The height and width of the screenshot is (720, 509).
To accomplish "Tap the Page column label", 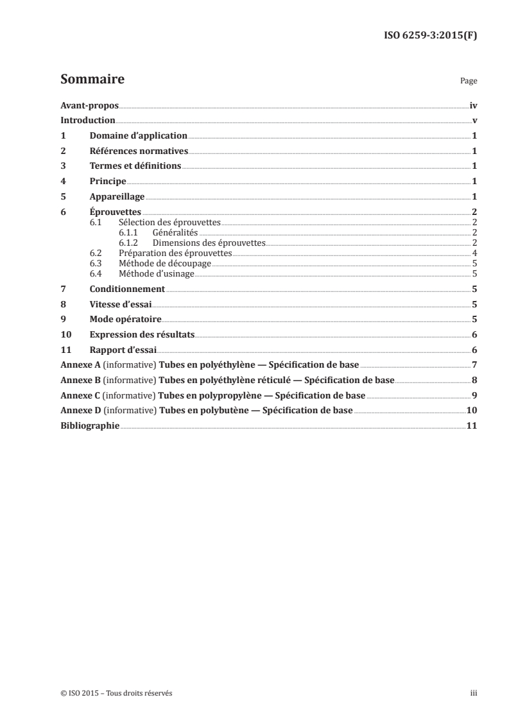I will tap(469, 82).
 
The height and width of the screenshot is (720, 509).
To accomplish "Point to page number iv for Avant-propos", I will tap(473, 105).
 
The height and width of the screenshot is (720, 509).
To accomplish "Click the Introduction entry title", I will tap(87, 120).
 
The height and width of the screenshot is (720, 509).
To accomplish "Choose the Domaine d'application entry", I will tap(139, 135).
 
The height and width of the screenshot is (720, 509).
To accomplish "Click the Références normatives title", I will tap(139, 151).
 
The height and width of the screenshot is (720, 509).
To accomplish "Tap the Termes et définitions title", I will tap(135, 166).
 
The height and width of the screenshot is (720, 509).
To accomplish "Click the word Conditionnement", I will tap(128, 289).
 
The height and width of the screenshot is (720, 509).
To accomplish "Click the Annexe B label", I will tap(80, 380).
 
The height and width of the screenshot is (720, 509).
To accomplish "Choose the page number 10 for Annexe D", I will tap(471, 411).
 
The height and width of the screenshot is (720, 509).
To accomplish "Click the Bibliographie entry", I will tap(89, 426).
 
